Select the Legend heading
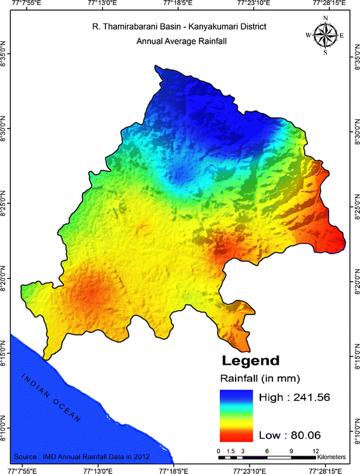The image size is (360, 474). (x=250, y=361)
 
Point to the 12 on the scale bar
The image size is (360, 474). (x=315, y=449)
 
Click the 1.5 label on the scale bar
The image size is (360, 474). (x=230, y=449)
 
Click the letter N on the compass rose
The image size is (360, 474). (x=325, y=18)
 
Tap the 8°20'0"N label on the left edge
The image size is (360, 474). (x=5, y=280)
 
